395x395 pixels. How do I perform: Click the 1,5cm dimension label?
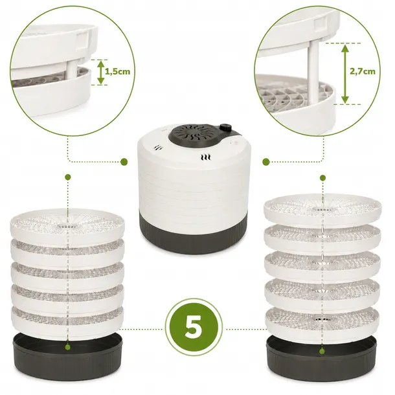tap(118, 72)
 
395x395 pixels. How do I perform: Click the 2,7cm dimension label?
tap(362, 71)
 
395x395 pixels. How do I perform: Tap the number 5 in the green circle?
tap(194, 326)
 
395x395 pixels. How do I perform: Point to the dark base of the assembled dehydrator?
tap(194, 236)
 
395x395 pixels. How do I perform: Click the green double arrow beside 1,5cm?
tap(100, 72)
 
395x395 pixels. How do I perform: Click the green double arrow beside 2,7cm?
tap(345, 73)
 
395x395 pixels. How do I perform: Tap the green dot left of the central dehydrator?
tap(124, 161)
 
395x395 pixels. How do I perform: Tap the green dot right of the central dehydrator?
tap(266, 162)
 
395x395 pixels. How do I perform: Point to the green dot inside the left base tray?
tap(67, 347)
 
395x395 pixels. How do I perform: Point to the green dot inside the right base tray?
tap(322, 351)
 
